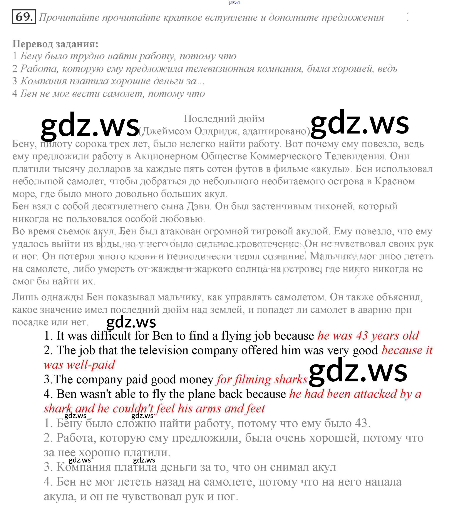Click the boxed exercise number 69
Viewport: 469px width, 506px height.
tap(23, 17)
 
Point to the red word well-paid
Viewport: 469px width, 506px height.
tap(90, 365)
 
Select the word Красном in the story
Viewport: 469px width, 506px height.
tap(395, 181)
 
